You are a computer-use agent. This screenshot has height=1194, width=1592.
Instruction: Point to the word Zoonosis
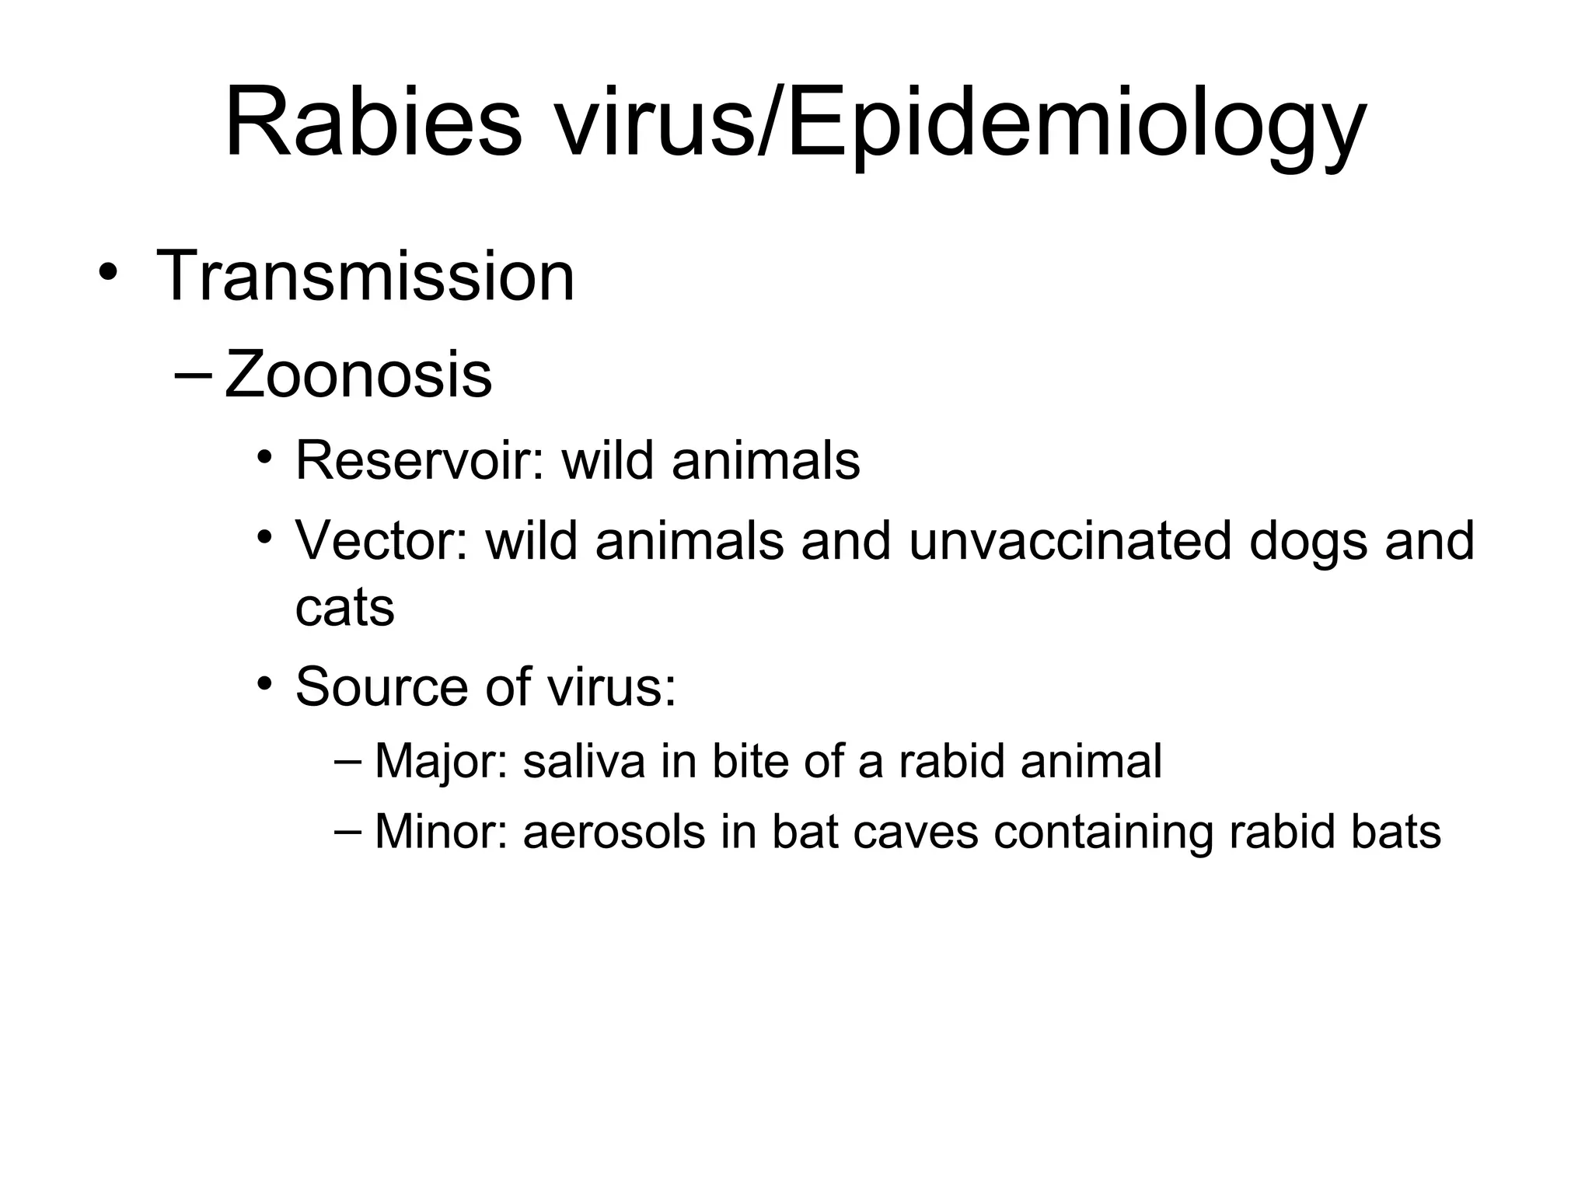tap(358, 375)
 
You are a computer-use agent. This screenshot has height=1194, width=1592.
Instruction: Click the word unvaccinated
tap(1070, 540)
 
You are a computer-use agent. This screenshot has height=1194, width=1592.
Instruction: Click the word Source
tap(381, 687)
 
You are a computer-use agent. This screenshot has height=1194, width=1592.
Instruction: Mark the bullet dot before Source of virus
tap(266, 684)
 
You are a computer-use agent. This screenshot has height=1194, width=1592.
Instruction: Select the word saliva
tap(584, 761)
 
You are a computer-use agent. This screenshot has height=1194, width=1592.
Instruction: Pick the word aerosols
tap(613, 833)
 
